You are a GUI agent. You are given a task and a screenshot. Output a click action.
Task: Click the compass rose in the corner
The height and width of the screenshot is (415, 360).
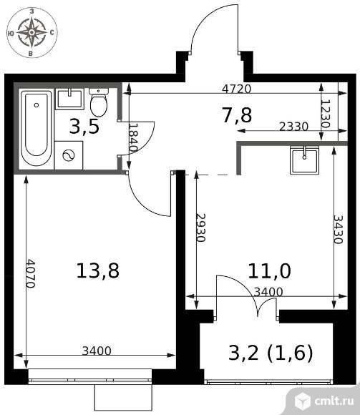tap(31, 32)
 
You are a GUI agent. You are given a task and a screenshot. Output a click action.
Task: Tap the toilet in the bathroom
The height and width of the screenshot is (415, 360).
tap(99, 102)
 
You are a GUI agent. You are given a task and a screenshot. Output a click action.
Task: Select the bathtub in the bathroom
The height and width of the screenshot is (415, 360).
tap(37, 128)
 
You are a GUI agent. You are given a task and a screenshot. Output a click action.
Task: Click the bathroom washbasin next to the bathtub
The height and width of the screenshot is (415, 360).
tap(69, 99)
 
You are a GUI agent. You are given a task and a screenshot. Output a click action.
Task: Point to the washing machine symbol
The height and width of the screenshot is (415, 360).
tap(69, 155)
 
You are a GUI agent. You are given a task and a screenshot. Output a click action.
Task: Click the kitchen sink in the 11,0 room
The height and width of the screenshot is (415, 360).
tap(304, 160)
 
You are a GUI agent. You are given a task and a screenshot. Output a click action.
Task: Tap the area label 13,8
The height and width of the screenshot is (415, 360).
tap(97, 270)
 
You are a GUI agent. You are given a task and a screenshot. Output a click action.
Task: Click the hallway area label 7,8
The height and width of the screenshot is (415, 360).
tap(237, 115)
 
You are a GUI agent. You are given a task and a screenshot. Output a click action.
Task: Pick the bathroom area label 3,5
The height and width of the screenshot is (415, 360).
tap(84, 127)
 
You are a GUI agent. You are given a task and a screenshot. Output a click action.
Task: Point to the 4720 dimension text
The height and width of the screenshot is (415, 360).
tap(236, 89)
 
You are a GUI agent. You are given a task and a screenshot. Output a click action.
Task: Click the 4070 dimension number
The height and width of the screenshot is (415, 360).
tap(31, 273)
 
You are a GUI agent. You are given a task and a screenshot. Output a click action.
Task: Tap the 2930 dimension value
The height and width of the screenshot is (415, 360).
tap(201, 228)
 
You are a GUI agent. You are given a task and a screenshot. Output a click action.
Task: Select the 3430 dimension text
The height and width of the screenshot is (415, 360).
tap(339, 229)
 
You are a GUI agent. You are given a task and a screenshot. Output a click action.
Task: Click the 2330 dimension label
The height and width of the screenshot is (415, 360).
tap(294, 127)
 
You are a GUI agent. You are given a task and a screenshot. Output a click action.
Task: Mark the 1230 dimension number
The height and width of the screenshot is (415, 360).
tap(326, 114)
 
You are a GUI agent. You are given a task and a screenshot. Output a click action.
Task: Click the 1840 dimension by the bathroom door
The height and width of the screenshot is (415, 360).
tap(133, 137)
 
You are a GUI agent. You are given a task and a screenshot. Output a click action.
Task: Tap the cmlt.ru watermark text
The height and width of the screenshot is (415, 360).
tap(334, 401)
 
